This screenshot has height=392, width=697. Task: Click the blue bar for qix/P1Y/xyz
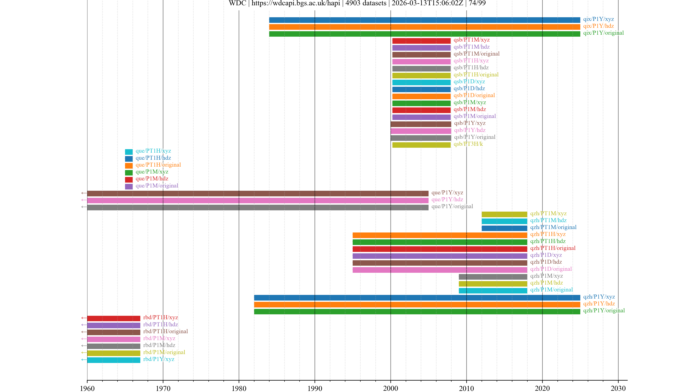tap(424, 20)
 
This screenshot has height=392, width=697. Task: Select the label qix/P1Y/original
tap(603, 33)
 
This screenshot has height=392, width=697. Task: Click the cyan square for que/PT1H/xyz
tap(129, 152)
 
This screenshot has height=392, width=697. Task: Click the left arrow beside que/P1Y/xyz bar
tap(84, 193)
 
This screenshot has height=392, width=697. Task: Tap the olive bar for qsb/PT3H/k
tap(421, 145)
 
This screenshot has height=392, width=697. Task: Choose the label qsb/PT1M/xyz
tap(471, 40)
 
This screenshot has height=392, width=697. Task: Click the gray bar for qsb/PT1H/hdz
tap(421, 68)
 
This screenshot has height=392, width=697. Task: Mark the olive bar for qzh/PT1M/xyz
tap(504, 214)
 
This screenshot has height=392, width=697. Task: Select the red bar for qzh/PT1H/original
tap(440, 249)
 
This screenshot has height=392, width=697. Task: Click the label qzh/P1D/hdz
tap(546, 262)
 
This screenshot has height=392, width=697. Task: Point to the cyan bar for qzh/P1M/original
tap(493, 291)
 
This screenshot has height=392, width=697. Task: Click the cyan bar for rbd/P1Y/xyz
tap(114, 360)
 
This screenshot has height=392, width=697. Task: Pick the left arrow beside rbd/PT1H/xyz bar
tap(84, 318)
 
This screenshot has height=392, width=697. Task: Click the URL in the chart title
tap(296, 3)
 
